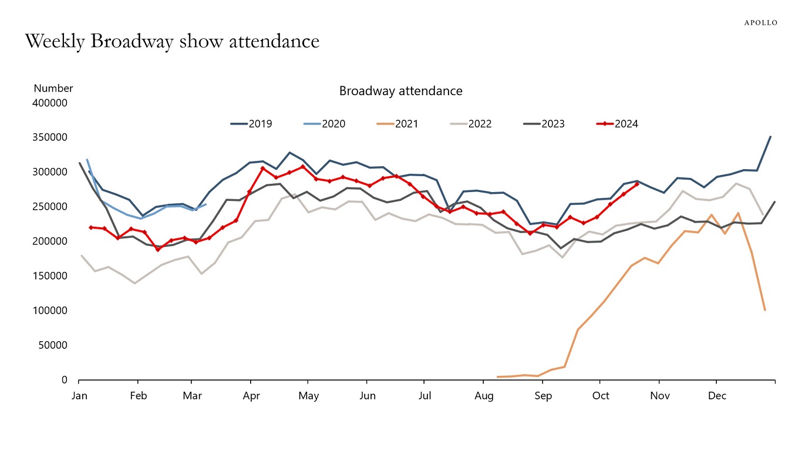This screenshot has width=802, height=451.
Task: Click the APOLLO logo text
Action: pyautogui.click(x=760, y=23)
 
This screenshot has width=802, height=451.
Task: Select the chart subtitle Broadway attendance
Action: pyautogui.click(x=400, y=91)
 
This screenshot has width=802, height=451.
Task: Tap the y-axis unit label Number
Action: pyautogui.click(x=53, y=89)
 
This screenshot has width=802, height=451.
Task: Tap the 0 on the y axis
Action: pyautogui.click(x=65, y=380)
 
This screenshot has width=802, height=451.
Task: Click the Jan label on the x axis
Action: pyautogui.click(x=79, y=396)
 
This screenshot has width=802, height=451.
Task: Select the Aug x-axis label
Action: pyautogui.click(x=484, y=396)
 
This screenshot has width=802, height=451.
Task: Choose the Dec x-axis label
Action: pyautogui.click(x=717, y=396)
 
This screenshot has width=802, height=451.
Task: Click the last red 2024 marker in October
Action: pyautogui.click(x=636, y=184)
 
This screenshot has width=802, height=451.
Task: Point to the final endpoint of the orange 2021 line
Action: pyautogui.click(x=764, y=310)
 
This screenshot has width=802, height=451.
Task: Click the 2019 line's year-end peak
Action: pyautogui.click(x=770, y=137)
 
